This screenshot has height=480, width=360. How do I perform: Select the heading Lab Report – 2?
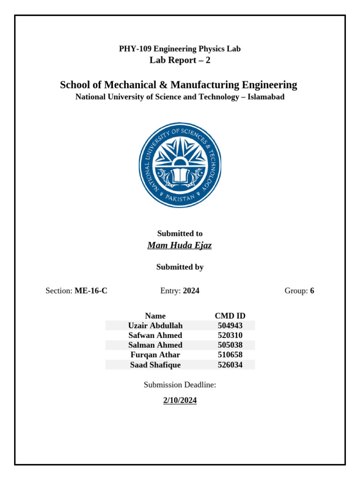click(180, 60)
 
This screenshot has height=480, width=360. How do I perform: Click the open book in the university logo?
click(180, 176)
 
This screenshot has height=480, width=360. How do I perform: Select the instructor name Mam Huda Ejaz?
click(180, 245)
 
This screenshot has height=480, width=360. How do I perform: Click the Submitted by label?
click(180, 267)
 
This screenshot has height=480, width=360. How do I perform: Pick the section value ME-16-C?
click(91, 291)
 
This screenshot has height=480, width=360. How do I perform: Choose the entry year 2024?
click(191, 291)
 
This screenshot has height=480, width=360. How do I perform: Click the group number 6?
click(312, 291)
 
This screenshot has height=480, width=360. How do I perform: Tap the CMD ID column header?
click(230, 316)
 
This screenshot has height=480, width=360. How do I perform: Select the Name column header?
click(155, 316)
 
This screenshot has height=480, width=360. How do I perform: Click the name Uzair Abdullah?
click(155, 325)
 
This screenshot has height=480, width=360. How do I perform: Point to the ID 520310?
click(230, 335)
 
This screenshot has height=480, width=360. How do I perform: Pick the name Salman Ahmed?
click(155, 345)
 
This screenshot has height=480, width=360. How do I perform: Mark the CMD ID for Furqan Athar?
click(230, 355)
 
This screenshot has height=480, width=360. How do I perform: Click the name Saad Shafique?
click(155, 365)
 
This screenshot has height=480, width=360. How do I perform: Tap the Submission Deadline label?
click(180, 385)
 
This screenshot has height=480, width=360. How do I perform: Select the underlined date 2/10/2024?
click(180, 400)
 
